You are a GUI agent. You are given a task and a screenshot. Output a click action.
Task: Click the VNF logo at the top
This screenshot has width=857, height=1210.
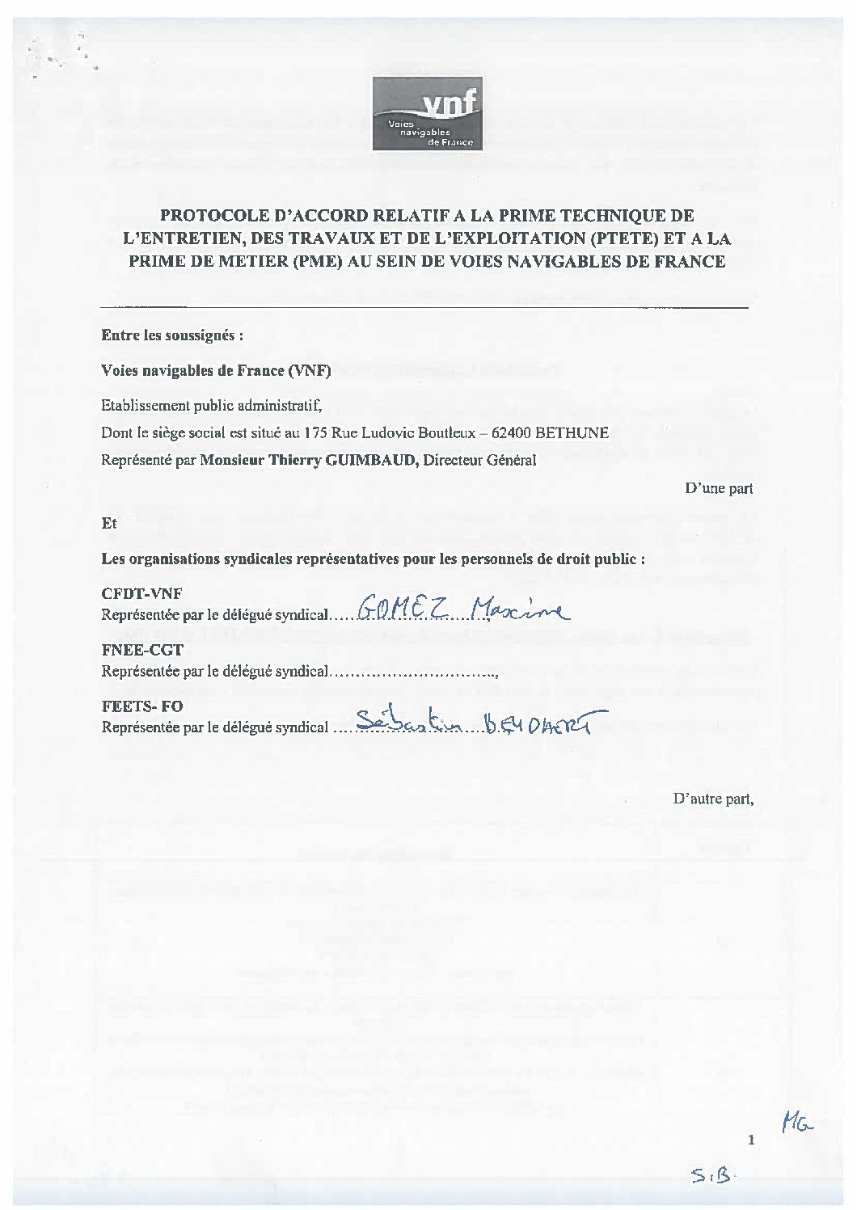pos(427,113)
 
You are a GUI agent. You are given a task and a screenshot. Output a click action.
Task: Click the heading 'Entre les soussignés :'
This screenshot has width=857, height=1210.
pos(172,335)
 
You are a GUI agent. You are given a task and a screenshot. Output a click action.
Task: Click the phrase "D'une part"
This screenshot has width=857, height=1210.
pos(719,488)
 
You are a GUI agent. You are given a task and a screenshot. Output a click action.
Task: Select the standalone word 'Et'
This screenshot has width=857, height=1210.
pos(109,524)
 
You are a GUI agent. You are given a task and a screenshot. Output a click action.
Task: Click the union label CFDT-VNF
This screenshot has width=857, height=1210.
pos(142,593)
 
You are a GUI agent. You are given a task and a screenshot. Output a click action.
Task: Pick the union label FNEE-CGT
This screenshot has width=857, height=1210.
pos(142,650)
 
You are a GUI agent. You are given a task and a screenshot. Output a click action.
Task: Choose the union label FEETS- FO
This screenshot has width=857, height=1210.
pos(142,706)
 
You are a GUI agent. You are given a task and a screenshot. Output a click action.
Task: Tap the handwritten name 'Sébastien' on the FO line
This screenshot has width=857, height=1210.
pos(408,722)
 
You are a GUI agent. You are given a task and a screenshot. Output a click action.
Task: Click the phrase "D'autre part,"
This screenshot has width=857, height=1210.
pos(713,799)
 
